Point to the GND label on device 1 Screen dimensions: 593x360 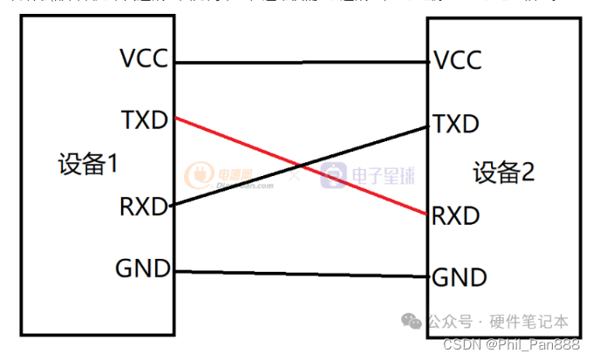click(x=143, y=268)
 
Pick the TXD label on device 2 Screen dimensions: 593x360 click(x=456, y=124)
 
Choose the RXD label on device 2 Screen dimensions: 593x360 click(x=456, y=215)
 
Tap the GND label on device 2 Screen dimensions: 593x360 click(x=460, y=278)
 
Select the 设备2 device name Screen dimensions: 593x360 click(x=504, y=173)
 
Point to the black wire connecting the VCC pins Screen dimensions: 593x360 click(x=301, y=63)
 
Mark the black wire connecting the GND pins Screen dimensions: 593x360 click(x=301, y=275)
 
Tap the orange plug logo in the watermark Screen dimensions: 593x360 click(x=201, y=175)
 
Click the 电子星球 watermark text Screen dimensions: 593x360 click(x=384, y=177)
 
